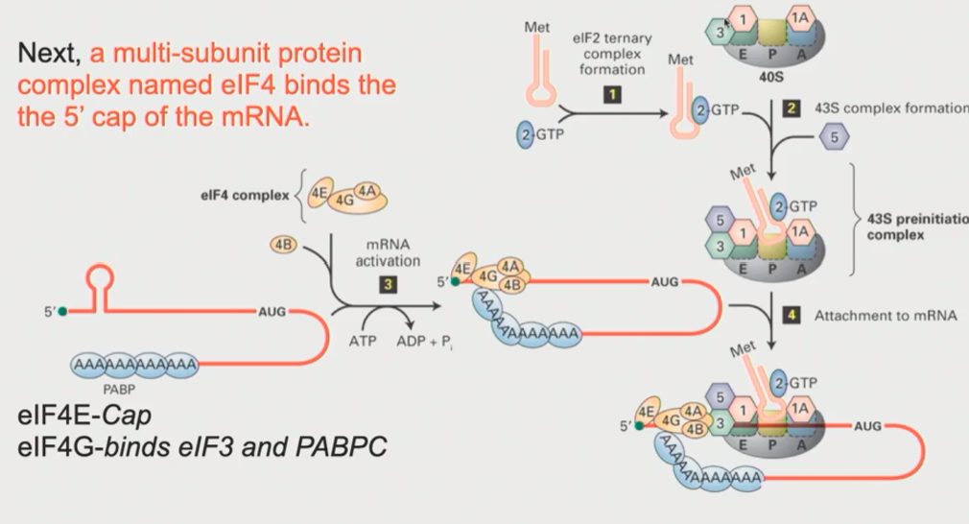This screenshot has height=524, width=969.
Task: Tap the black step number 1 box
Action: tap(611, 94)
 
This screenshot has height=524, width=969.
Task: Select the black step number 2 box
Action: tap(792, 108)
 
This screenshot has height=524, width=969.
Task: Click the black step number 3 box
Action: tap(387, 285)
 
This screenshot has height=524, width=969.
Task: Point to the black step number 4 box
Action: tap(792, 315)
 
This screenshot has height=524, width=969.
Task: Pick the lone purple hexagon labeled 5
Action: tap(834, 137)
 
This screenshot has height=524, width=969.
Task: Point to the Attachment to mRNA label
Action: tap(885, 315)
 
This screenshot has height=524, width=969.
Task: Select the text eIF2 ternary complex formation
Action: tap(615, 54)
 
